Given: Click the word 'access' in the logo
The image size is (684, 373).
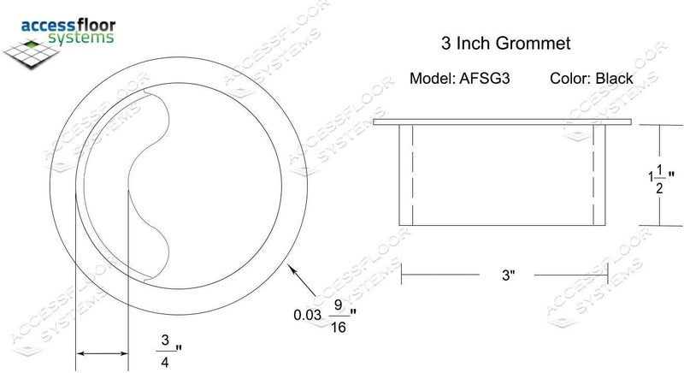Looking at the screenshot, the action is pyautogui.click(x=48, y=26).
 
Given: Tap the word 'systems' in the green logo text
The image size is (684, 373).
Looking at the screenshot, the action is pyautogui.click(x=80, y=38).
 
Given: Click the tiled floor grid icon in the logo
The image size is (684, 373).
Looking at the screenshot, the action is pyautogui.click(x=31, y=53).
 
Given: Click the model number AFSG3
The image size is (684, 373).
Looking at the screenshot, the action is pyautogui.click(x=484, y=79).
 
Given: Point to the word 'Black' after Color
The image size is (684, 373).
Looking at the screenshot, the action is pyautogui.click(x=614, y=79).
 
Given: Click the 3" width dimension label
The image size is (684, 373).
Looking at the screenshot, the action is pyautogui.click(x=508, y=275).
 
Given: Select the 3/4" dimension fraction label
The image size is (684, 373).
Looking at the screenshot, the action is pyautogui.click(x=168, y=350).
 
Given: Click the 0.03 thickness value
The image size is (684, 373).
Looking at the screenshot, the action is pyautogui.click(x=308, y=315).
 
